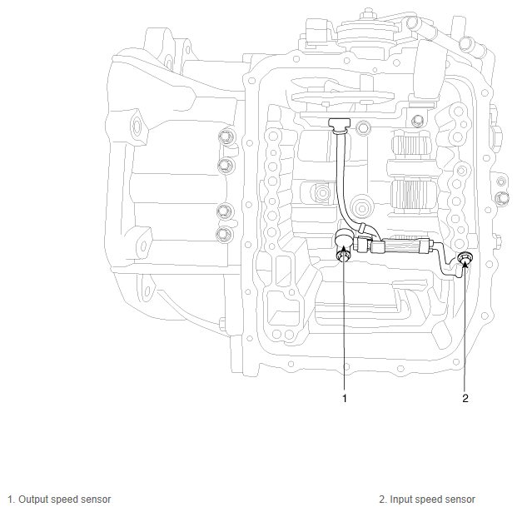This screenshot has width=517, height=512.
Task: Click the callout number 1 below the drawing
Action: click(x=343, y=399)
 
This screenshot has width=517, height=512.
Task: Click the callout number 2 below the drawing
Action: click(x=465, y=399)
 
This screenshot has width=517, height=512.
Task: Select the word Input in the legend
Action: click(x=401, y=500)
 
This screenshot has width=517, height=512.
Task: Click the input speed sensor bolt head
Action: click(x=465, y=261)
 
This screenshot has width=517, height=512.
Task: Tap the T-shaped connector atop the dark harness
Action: click(x=339, y=125)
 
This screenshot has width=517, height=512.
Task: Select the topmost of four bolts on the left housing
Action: click(x=222, y=137)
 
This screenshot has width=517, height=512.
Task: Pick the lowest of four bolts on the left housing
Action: click(x=223, y=235)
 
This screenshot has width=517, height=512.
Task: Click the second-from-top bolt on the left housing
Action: click(x=223, y=167)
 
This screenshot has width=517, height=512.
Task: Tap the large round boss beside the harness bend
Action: click(x=360, y=205)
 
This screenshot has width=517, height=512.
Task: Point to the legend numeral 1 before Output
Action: click(x=9, y=500)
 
